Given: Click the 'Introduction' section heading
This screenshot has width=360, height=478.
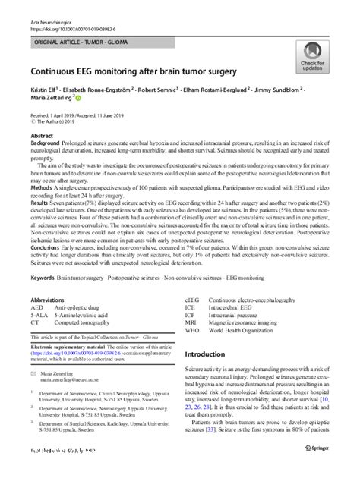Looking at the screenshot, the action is point(215,354).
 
